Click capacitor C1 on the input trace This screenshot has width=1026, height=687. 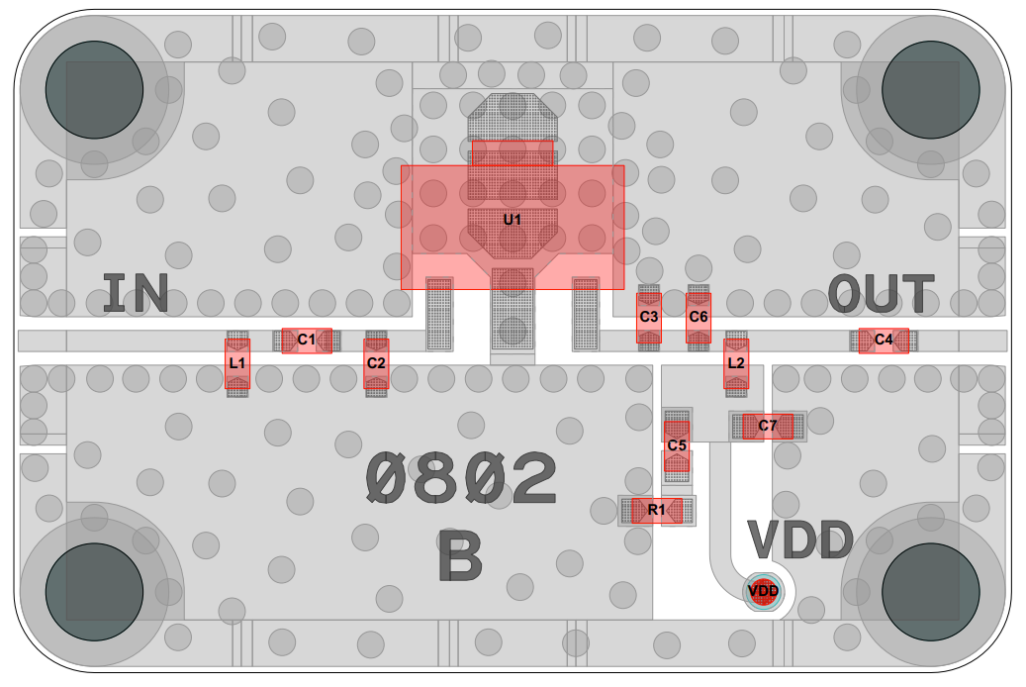click(307, 340)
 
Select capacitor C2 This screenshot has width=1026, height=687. click(376, 362)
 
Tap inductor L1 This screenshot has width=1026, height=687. click(237, 363)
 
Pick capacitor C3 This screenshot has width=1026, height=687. click(648, 317)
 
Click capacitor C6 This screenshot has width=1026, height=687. click(699, 317)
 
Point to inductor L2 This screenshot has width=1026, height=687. click(736, 362)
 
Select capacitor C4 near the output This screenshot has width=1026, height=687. click(884, 340)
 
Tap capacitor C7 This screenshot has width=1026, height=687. click(768, 426)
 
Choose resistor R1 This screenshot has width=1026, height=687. click(657, 510)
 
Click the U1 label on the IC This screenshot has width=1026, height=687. click(512, 219)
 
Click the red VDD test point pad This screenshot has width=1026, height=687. click(763, 591)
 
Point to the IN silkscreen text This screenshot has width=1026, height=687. click(136, 294)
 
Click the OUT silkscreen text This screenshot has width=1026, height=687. click(881, 294)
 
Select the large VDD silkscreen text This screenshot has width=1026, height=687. click(799, 540)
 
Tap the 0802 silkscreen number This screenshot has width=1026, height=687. click(461, 480)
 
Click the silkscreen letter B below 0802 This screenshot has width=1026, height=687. click(460, 558)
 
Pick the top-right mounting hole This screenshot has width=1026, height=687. click(930, 90)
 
